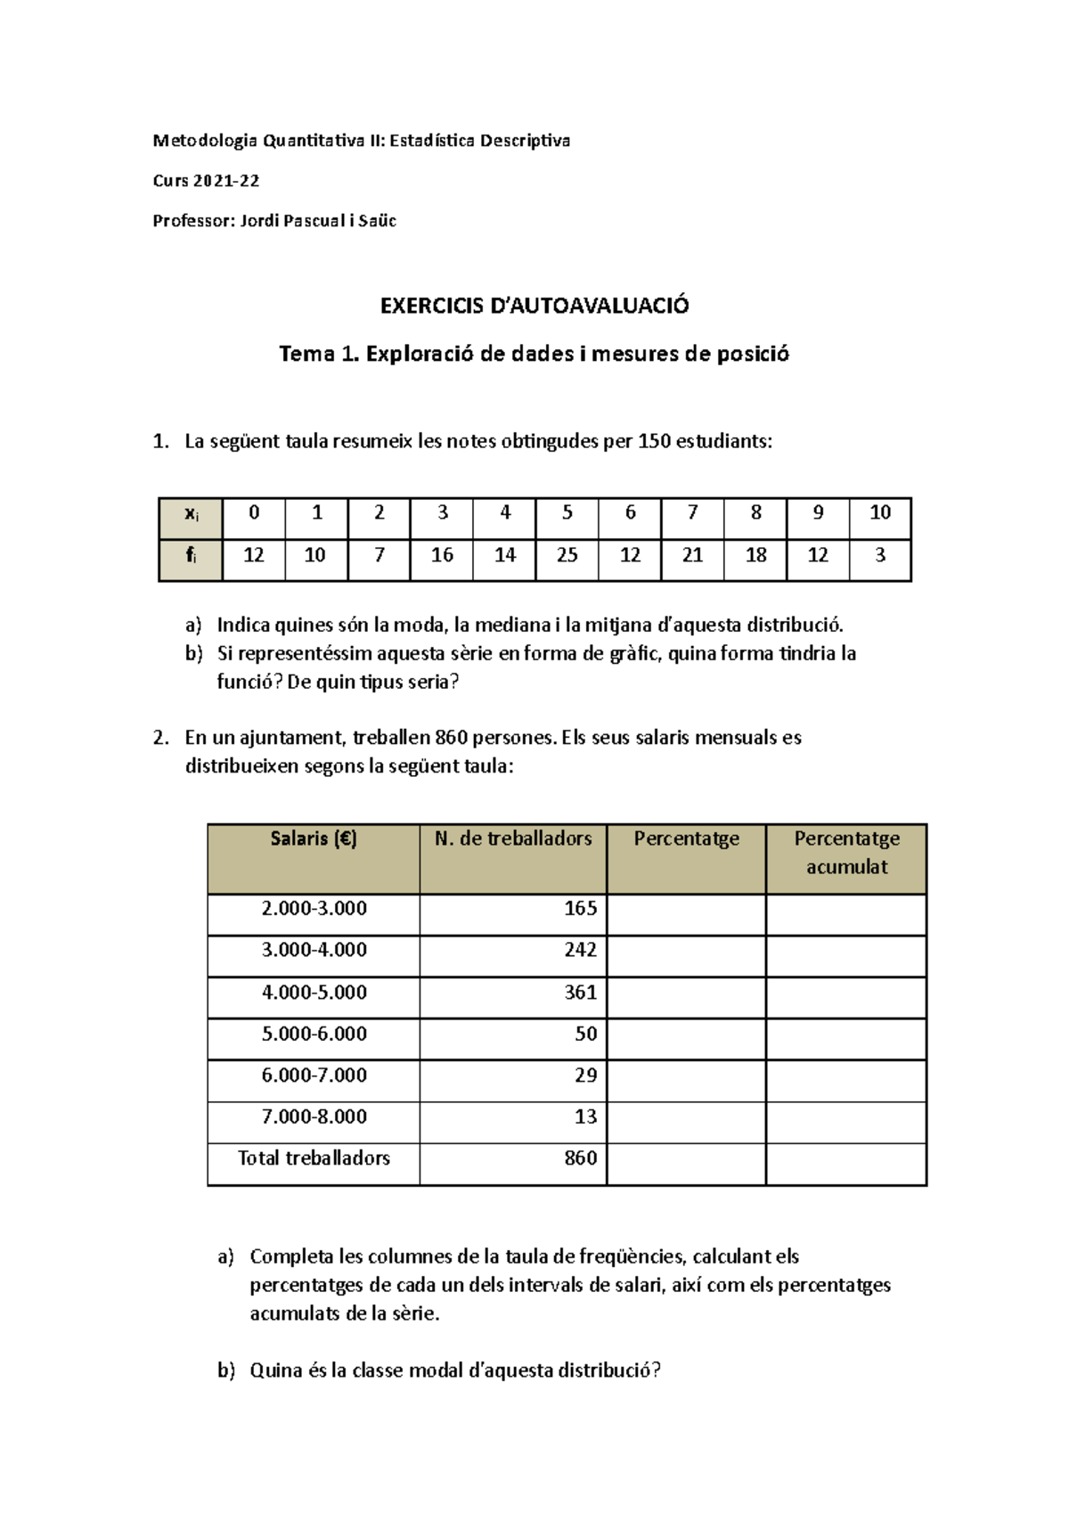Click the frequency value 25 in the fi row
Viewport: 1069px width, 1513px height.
pos(567,555)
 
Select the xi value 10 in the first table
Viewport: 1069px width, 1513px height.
pos(880,512)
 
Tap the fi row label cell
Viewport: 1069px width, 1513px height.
pos(191,556)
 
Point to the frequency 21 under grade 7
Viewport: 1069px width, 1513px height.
pos(692,555)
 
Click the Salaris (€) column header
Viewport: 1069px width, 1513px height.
pos(314,838)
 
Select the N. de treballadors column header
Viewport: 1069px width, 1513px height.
pos(513,838)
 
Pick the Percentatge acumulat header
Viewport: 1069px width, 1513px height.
pos(846,853)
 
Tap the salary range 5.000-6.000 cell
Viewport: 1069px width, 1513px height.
pos(314,1034)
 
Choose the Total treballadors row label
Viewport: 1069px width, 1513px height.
pos(314,1158)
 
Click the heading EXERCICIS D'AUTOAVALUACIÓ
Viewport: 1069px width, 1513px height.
pos(534,306)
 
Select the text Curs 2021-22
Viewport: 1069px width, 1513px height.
pos(206,181)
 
